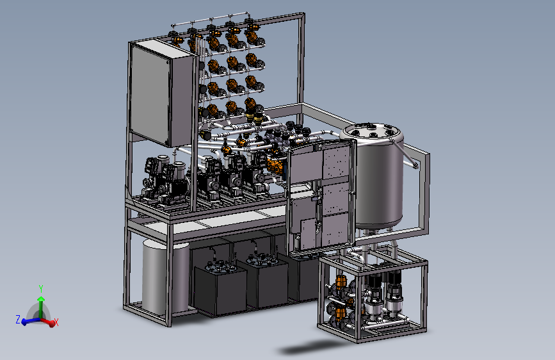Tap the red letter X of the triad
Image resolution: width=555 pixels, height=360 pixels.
[56, 322]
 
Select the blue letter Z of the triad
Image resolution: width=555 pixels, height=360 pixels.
[18, 319]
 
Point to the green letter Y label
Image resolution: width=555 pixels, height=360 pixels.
[41, 289]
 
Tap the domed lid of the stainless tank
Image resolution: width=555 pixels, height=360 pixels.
[372, 132]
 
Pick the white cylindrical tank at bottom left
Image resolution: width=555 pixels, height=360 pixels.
[165, 276]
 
